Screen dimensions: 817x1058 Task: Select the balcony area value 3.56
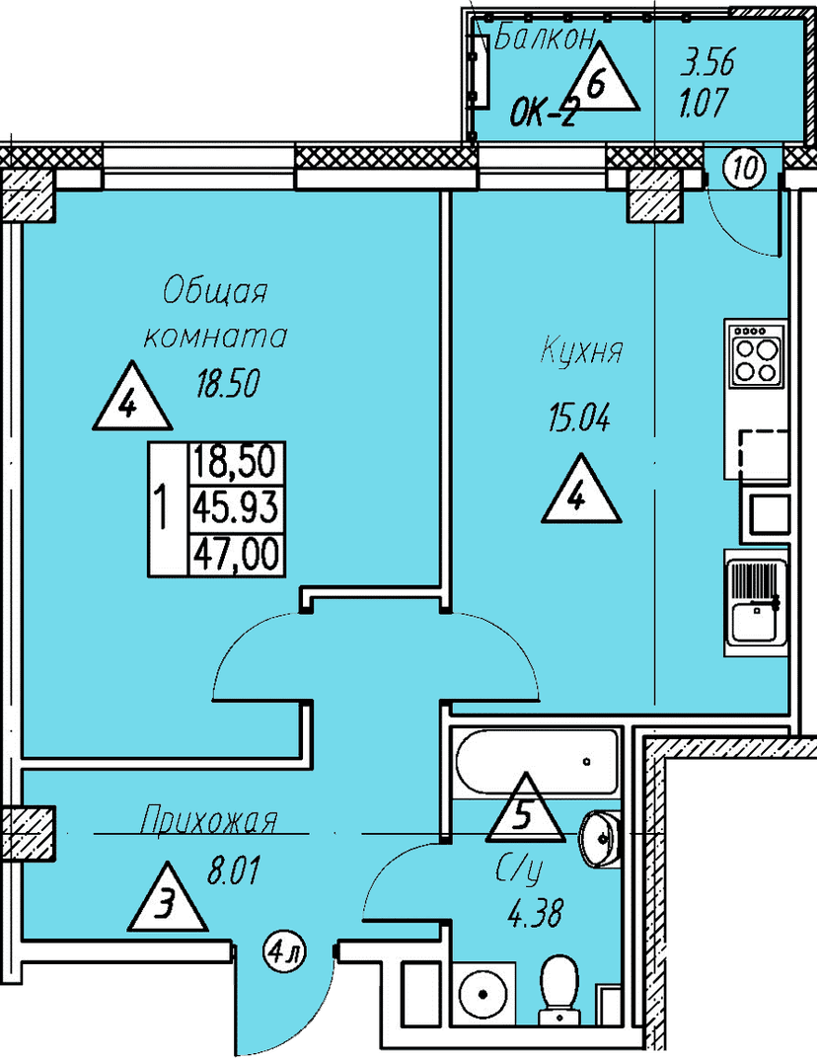[707, 64]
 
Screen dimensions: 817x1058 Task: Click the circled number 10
[746, 168]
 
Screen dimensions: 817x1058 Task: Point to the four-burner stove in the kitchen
[756, 354]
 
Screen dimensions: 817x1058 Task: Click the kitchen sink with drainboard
[756, 603]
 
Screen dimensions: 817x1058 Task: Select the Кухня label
[581, 352]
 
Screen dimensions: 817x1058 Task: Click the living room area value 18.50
[227, 384]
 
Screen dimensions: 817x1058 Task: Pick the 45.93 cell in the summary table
[236, 507]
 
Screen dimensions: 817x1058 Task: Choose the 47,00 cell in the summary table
[236, 556]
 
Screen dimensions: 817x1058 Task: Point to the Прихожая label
[208, 821]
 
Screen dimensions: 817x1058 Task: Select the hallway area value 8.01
[233, 871]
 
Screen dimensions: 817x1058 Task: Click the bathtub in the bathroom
[537, 761]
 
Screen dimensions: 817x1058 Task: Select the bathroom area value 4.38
[535, 915]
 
